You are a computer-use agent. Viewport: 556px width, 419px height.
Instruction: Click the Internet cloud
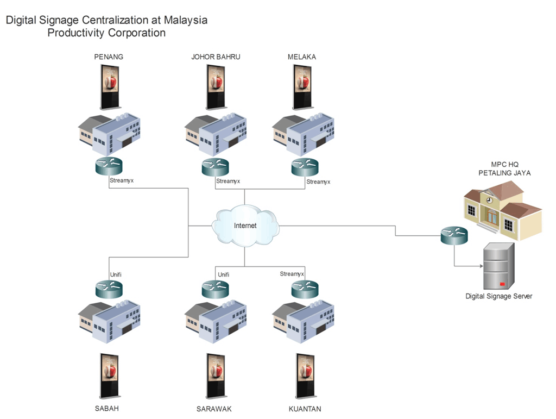click(x=245, y=225)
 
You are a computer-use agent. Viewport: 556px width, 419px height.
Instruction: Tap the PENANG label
click(x=109, y=57)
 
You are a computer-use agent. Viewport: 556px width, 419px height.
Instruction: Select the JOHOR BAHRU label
click(x=216, y=57)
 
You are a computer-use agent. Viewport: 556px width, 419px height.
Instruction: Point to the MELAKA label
click(x=302, y=57)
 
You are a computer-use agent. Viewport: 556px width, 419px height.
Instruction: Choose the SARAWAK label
click(x=214, y=409)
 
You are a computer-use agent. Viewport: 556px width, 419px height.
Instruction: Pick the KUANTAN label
click(x=305, y=409)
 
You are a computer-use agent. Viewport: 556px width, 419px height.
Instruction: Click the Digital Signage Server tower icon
click(x=498, y=266)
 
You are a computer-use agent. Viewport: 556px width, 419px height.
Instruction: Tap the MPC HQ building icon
click(x=503, y=209)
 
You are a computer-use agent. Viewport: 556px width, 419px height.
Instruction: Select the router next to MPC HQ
click(x=454, y=235)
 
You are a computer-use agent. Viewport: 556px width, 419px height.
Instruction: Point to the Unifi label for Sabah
click(x=116, y=274)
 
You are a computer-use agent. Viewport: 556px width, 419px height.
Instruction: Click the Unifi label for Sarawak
click(x=223, y=274)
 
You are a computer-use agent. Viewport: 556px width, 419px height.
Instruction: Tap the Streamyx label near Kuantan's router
click(x=292, y=274)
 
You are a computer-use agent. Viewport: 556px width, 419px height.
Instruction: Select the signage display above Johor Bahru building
click(x=216, y=87)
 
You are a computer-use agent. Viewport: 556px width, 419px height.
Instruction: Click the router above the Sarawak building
click(x=216, y=289)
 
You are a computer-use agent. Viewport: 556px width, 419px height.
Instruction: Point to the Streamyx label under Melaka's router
click(x=318, y=182)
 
